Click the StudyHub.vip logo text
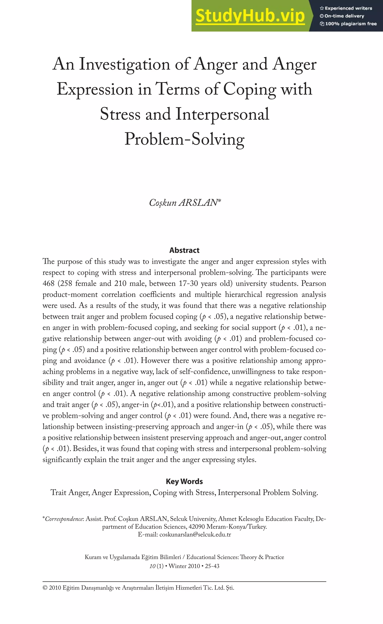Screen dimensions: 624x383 pos(250,16)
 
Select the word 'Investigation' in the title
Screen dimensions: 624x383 pos(124,65)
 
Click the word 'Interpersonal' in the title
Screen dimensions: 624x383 pos(222,114)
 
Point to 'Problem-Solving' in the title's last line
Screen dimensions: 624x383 pos(184,139)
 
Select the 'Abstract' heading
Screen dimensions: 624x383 pos(184,250)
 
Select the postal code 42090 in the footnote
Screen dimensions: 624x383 pos(197,527)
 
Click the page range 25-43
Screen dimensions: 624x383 pos(212,566)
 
